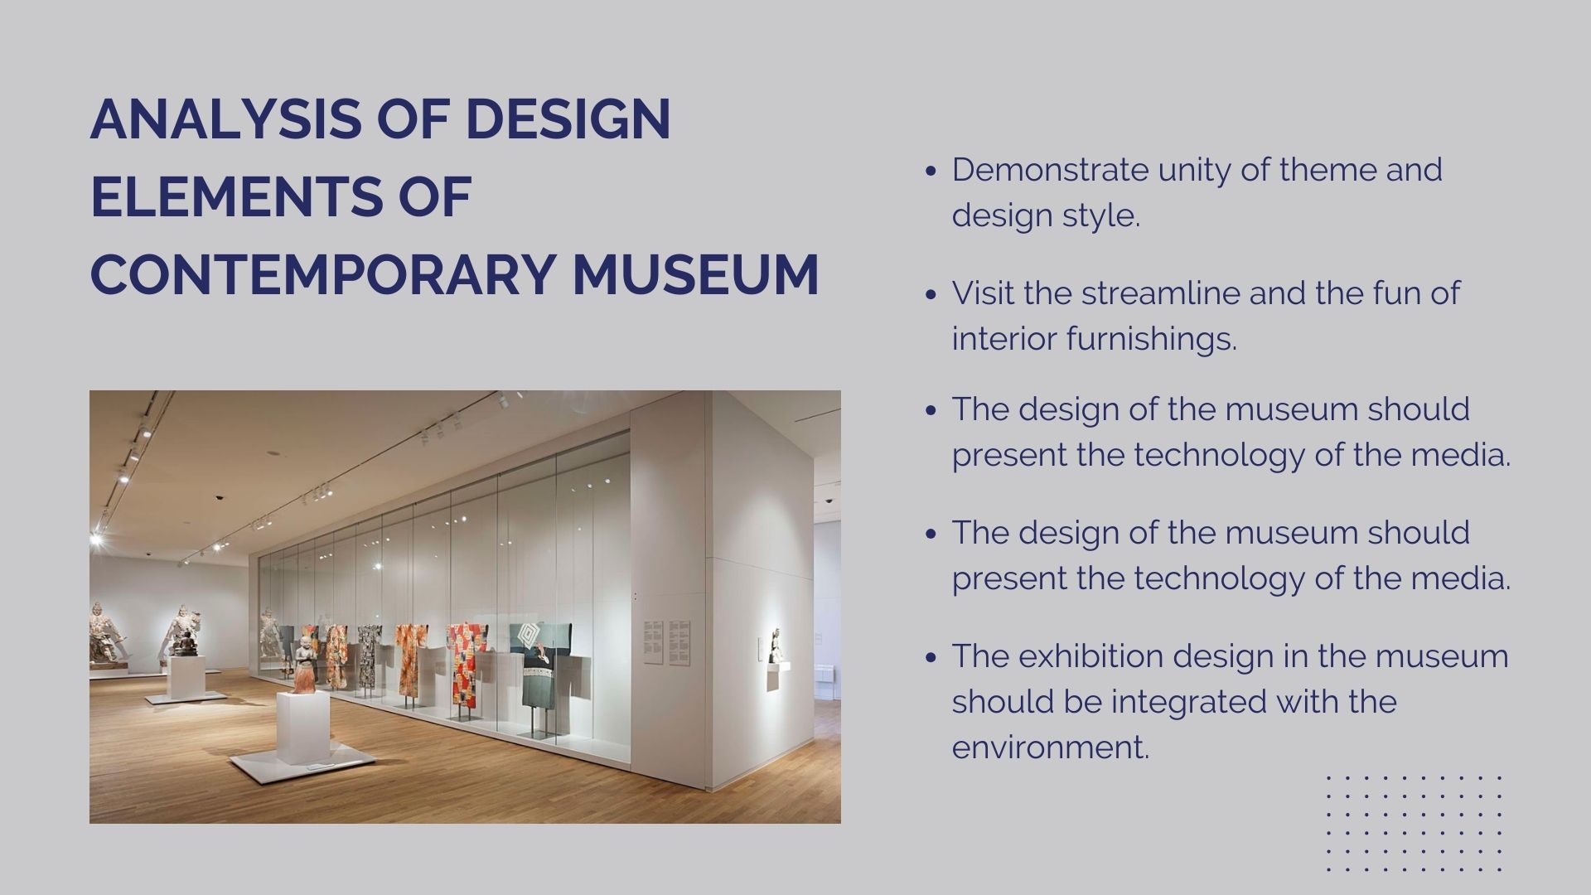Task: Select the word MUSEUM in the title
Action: pyautogui.click(x=695, y=275)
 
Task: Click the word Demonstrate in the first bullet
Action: pyautogui.click(x=1049, y=170)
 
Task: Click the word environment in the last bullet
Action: pyautogui.click(x=1049, y=747)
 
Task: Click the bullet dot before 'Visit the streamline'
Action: pyautogui.click(x=931, y=294)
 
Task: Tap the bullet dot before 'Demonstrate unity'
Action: pyautogui.click(x=931, y=171)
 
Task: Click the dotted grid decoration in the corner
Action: pyautogui.click(x=1414, y=824)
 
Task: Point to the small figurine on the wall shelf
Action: pyautogui.click(x=775, y=646)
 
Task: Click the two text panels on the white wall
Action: pyautogui.click(x=667, y=642)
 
